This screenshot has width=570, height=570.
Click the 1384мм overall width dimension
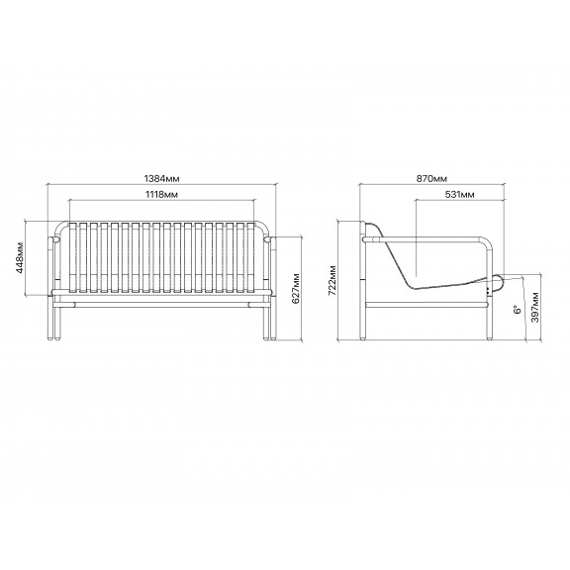coord(161,178)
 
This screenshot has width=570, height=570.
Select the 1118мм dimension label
coord(161,195)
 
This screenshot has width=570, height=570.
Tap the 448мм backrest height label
coord(20,257)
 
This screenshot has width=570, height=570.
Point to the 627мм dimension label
coord(296,288)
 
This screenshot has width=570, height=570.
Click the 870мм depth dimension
coord(431,178)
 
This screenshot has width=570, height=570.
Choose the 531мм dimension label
coord(459,195)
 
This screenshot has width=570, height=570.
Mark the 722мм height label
coord(332,281)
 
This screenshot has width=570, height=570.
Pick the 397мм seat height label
coord(535,307)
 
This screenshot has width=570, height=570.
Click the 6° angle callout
coord(518,310)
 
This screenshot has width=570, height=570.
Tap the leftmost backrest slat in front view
coord(72,257)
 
